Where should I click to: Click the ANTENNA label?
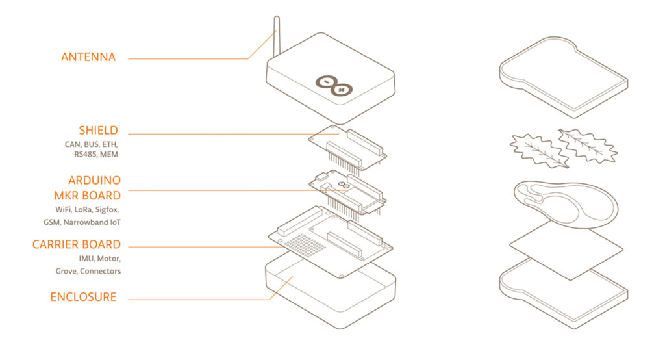[88, 57]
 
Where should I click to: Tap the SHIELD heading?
[99, 131]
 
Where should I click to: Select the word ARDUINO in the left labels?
[94, 180]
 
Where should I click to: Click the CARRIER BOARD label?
[77, 244]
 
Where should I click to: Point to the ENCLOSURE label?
[84, 297]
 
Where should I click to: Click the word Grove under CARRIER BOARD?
[67, 271]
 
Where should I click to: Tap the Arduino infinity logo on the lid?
[334, 84]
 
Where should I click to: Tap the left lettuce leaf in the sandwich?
[535, 150]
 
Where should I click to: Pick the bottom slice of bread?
[563, 292]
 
